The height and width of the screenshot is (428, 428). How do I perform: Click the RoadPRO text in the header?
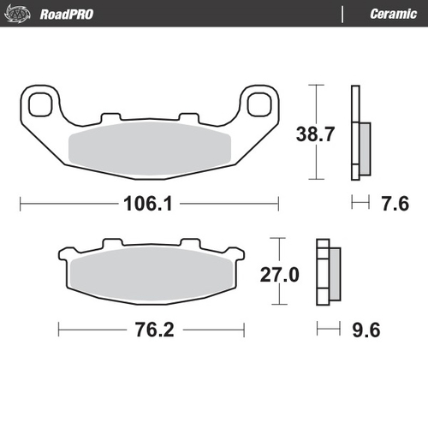click(66, 14)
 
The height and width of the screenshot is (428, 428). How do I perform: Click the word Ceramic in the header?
click(393, 14)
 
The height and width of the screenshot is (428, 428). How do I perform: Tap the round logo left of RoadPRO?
click(18, 14)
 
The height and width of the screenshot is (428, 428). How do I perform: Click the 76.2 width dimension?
click(152, 328)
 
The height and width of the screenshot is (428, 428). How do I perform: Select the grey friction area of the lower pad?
click(151, 276)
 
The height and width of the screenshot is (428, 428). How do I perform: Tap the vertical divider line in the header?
click(342, 14)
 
